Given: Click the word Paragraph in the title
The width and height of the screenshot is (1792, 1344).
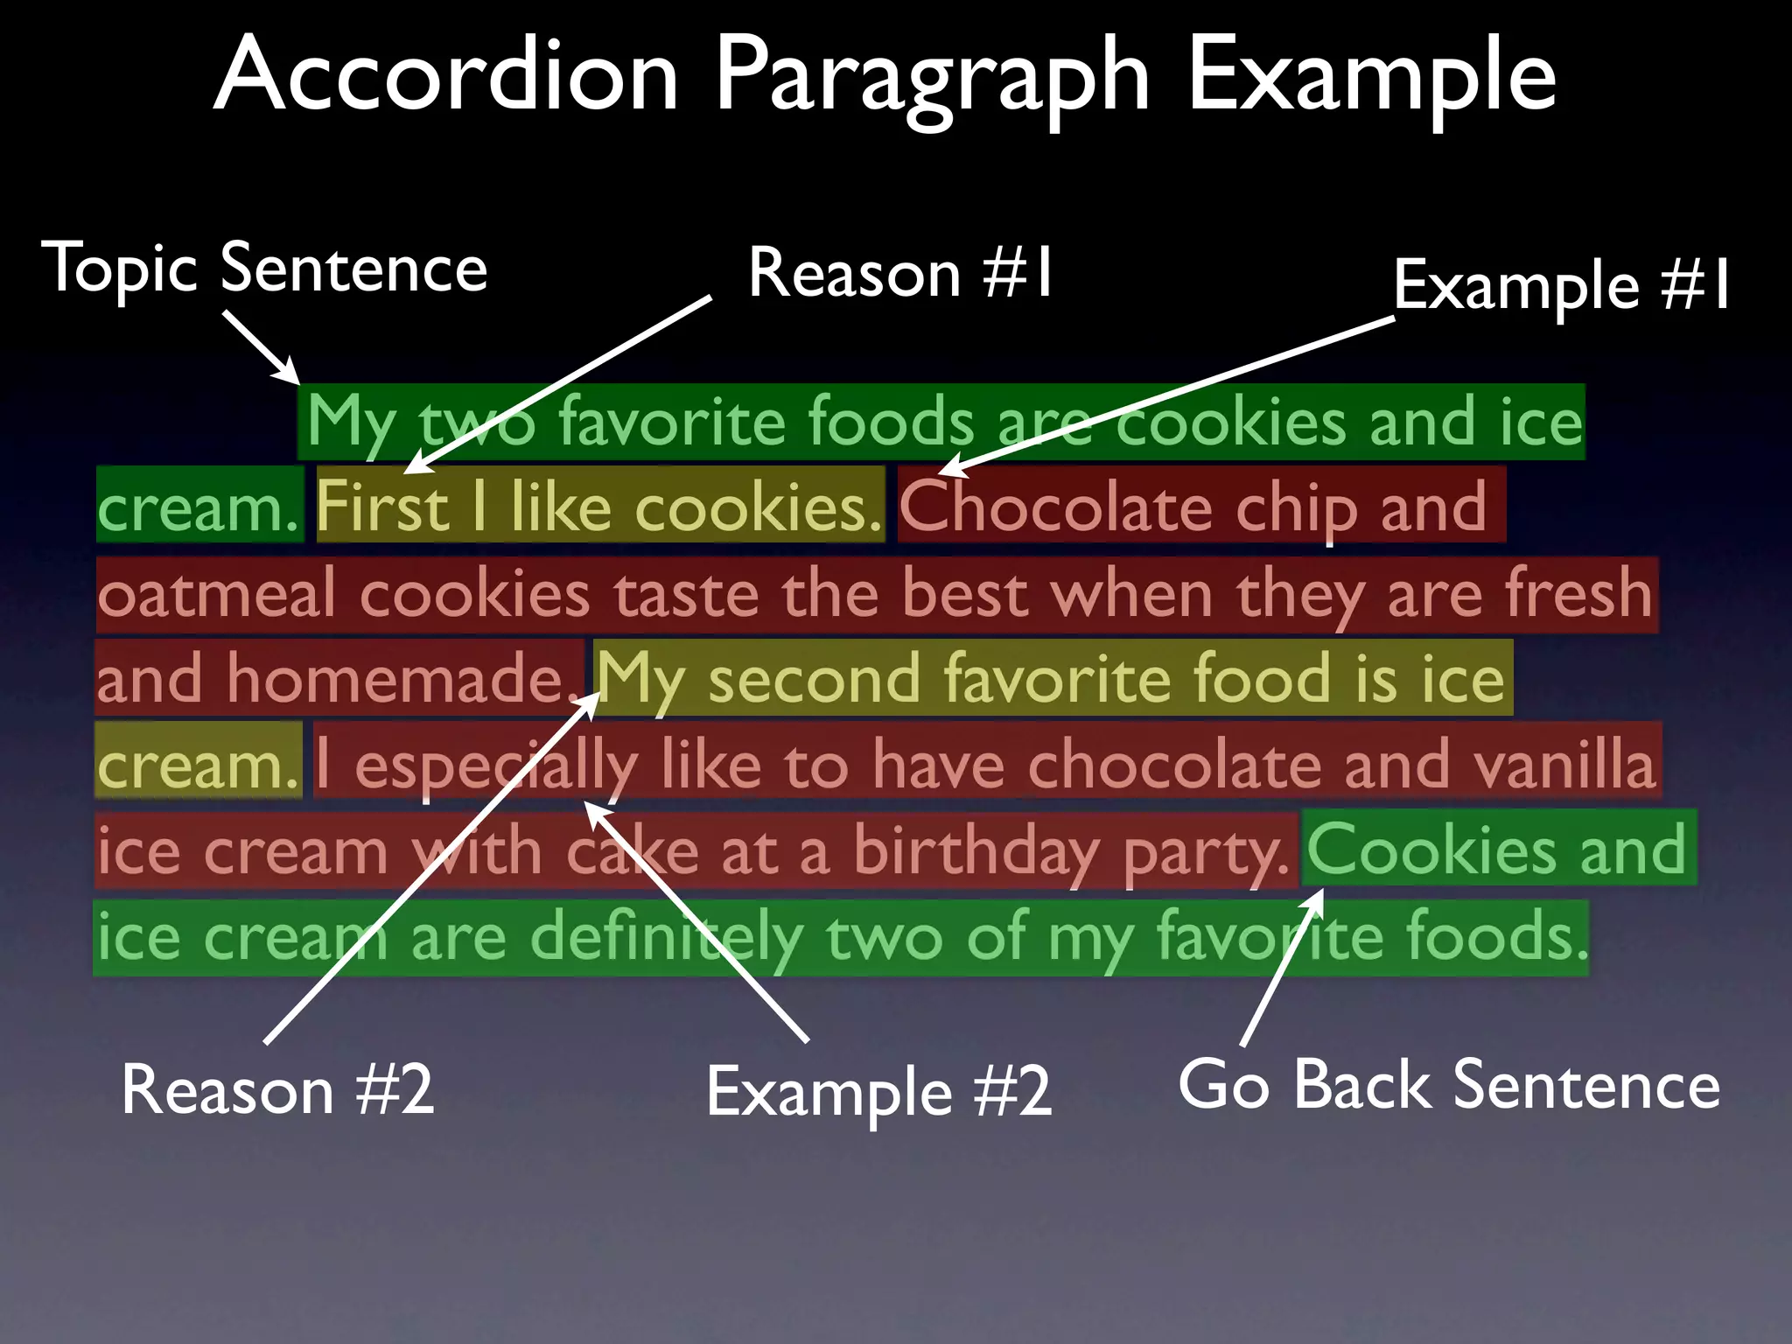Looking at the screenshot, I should [932, 79].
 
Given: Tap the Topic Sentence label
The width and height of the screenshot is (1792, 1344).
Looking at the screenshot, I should [264, 268].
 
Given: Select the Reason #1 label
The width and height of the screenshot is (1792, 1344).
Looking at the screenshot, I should [901, 274].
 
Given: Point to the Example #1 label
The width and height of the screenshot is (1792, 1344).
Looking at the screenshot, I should [1562, 285].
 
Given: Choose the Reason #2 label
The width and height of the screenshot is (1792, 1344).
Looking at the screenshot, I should [277, 1089].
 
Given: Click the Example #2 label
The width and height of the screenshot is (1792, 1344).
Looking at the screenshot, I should [878, 1092].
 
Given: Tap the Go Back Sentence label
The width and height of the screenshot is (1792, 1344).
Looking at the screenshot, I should [1449, 1085].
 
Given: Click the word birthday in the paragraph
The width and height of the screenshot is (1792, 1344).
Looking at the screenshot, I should [976, 851].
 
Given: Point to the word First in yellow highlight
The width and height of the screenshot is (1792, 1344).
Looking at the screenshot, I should [382, 507].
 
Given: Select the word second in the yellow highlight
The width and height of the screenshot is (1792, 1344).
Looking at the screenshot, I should [814, 679].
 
